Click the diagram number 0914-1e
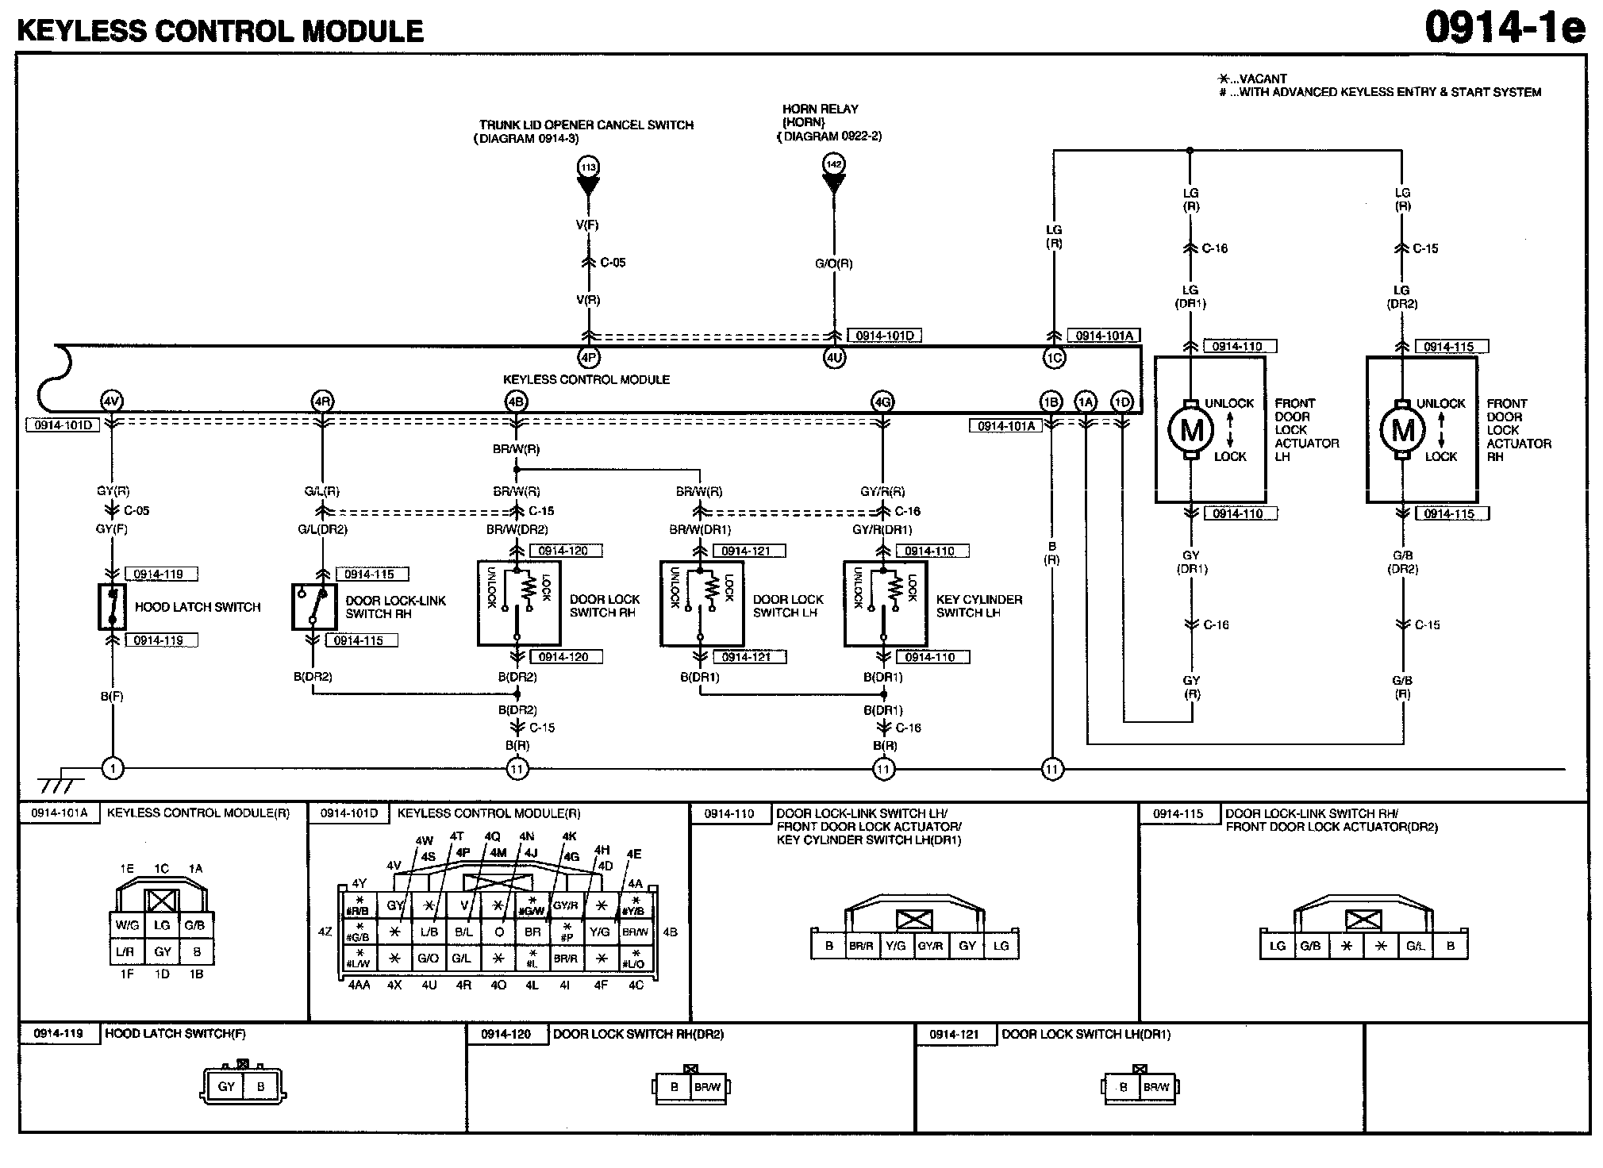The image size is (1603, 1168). pos(1504,29)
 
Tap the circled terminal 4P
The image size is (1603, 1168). pos(588,358)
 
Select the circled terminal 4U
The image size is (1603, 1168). pos(834,358)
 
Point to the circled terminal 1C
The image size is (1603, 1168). pos(1053,359)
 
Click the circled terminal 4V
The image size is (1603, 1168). pos(112,401)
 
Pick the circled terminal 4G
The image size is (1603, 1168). pos(882,402)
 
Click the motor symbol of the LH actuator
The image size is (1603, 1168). pos(1191,429)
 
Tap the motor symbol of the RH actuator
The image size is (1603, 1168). pos(1403,429)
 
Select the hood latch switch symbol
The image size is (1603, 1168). pos(112,607)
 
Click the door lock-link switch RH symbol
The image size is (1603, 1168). pos(313,607)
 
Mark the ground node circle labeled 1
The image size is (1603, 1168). pos(113,768)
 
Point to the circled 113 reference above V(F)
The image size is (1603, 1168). pos(588,167)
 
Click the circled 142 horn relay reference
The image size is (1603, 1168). pos(834,164)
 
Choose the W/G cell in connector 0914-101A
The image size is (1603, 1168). pos(127,925)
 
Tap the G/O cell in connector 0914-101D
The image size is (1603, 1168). pos(429,959)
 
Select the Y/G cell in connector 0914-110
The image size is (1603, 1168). pos(895,946)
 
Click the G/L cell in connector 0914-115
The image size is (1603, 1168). pos(1415,946)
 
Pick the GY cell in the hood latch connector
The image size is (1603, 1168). pos(227,1086)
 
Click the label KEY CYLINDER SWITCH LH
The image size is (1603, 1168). pos(978,606)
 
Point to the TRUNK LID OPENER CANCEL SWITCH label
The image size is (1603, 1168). pos(586,125)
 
